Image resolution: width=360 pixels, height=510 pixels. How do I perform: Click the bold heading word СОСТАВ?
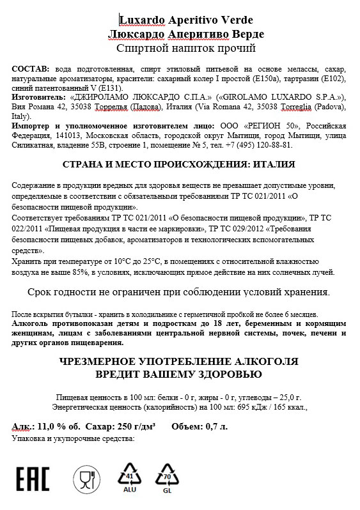(29, 68)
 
